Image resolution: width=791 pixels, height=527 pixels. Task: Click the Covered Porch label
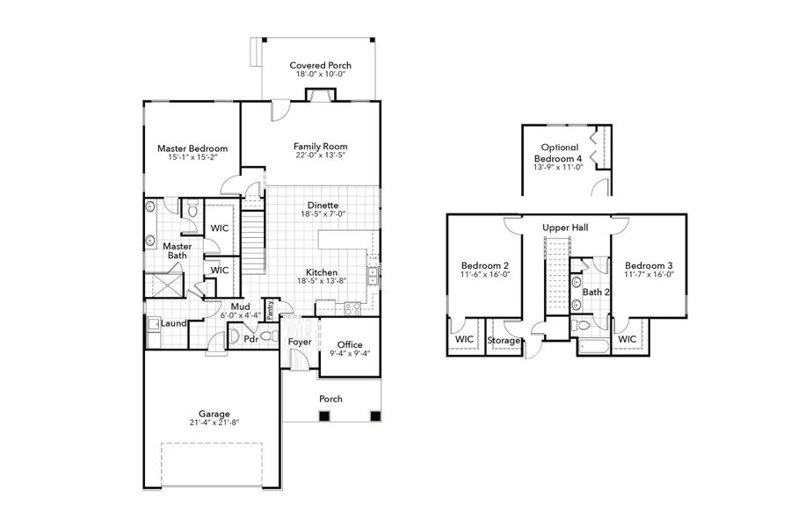click(321, 65)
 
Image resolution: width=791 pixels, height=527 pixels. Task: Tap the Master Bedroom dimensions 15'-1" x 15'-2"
click(192, 159)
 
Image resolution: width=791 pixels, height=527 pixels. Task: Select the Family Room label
click(321, 147)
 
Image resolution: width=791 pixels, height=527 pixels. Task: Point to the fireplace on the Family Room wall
click(315, 97)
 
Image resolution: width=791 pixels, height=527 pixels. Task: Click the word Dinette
click(323, 205)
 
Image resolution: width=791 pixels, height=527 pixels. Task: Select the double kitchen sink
click(374, 275)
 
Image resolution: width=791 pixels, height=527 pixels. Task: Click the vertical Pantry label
click(271, 310)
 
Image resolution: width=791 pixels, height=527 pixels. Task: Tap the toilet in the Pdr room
click(236, 337)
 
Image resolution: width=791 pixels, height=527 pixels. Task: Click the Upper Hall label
click(565, 227)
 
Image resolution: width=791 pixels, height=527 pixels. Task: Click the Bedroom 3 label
click(649, 265)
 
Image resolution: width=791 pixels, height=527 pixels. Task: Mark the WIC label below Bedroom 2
click(463, 339)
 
